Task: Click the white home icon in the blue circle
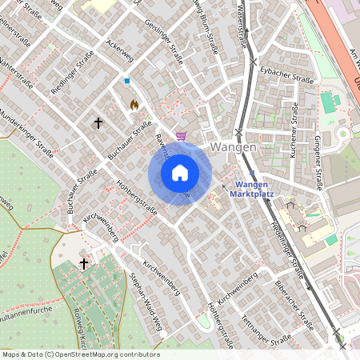pos(180,172)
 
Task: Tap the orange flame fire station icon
pos(134,105)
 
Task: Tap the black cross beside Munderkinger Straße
pos(98,123)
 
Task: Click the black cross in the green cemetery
pos(84,263)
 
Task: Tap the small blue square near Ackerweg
pos(126,81)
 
